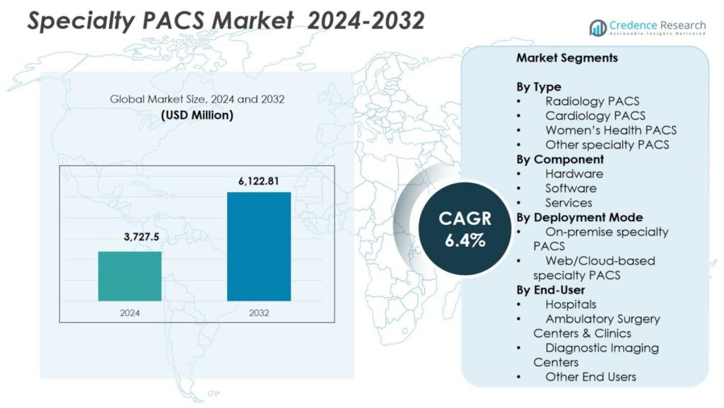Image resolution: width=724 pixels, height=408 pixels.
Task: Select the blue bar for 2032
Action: tap(259, 246)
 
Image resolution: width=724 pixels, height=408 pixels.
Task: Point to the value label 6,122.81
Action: tap(259, 181)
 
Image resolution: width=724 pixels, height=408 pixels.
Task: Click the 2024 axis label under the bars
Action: tap(129, 312)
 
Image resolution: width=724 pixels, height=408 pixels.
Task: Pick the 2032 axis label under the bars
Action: tap(259, 312)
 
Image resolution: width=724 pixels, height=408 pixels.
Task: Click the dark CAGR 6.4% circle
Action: tap(465, 228)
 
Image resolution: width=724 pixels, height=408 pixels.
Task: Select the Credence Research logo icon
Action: tap(597, 28)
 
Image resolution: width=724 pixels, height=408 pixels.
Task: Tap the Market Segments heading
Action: tap(566, 58)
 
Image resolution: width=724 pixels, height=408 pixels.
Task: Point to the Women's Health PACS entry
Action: tap(610, 130)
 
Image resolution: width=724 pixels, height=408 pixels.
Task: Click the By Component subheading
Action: tap(560, 159)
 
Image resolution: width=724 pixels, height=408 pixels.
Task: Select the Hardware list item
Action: tap(573, 173)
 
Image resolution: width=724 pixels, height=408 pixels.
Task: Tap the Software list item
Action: tap(571, 188)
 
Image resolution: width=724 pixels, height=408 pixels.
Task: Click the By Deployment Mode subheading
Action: tap(579, 217)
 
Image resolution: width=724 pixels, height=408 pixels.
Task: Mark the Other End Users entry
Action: tap(590, 377)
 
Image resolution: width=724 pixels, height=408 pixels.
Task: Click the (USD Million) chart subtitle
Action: tap(197, 115)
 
